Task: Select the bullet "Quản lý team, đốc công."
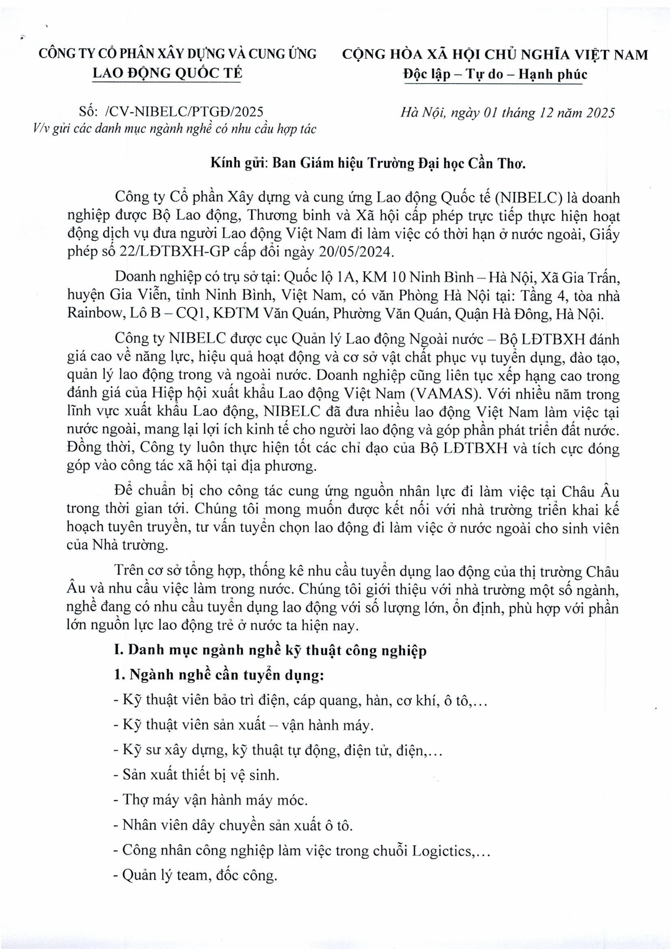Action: coord(195,875)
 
